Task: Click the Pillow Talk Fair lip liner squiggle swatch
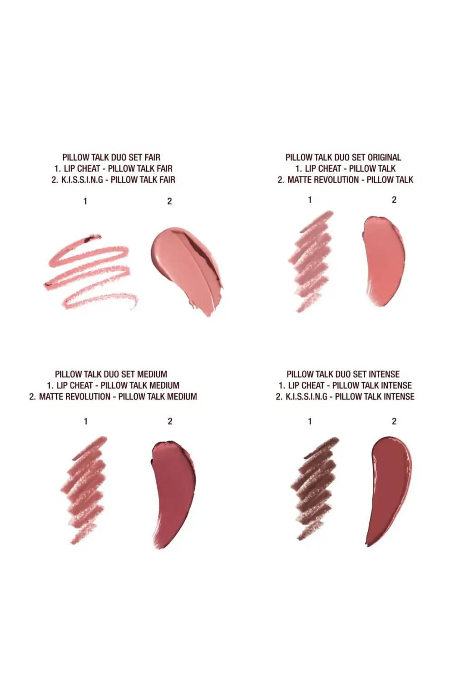pos(90,272)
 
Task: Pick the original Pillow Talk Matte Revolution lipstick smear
pos(384,260)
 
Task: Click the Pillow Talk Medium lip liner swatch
pos(84,490)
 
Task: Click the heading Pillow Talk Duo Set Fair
pos(112,157)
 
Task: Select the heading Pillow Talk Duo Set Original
pos(343,157)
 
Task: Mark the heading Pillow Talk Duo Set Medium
pos(111,374)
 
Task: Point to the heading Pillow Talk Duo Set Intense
pos(343,374)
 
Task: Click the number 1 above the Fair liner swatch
pos(85,202)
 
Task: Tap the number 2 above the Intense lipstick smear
pos(394,421)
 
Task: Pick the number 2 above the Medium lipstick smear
pos(170,421)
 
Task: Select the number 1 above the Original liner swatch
pos(310,200)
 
